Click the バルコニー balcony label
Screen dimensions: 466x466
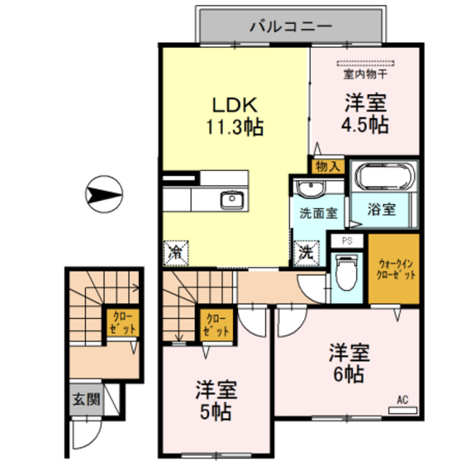[x=291, y=27]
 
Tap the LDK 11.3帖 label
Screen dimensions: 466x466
[x=233, y=115]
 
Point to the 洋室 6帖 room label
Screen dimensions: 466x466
[x=349, y=363]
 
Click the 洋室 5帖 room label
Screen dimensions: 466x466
[x=216, y=401]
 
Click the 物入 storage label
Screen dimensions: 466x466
[x=327, y=166]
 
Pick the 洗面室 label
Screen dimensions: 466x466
[x=317, y=213]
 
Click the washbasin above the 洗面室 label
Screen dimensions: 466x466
[x=313, y=189]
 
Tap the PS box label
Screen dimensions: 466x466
[x=347, y=240]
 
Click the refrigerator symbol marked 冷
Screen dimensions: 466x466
[x=175, y=253]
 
